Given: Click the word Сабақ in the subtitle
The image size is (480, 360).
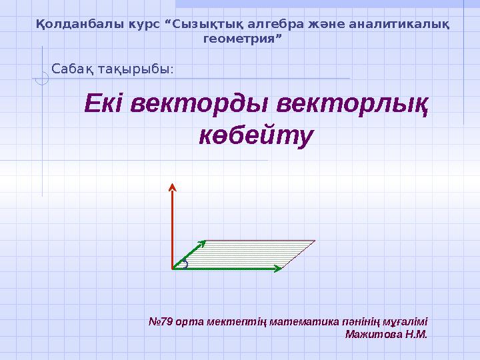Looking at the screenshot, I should pos(73,69).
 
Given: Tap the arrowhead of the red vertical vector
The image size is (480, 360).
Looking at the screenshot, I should pos(173,186).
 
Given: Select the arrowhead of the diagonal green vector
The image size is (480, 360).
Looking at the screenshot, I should pos(201,244).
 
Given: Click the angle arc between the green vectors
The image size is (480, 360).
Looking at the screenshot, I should pos(185,264).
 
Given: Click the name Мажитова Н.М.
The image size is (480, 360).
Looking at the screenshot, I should pos(386,333).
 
